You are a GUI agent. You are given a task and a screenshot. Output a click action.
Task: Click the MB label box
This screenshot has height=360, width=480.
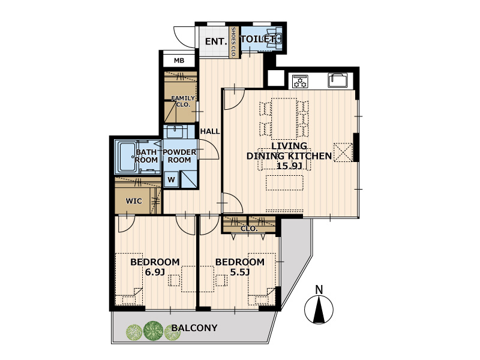pyautogui.click(x=179, y=61)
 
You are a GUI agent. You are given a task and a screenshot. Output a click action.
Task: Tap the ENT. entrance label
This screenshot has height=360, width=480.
pyautogui.click(x=216, y=41)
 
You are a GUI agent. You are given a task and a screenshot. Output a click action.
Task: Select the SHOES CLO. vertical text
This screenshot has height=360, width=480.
pyautogui.click(x=233, y=42)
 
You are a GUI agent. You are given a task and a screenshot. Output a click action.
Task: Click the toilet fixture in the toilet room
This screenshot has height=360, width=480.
pyautogui.click(x=274, y=38)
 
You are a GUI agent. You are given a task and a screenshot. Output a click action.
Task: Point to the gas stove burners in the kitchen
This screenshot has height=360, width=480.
pyautogui.click(x=300, y=82)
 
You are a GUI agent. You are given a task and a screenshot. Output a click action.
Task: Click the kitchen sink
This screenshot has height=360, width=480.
pyautogui.click(x=338, y=80)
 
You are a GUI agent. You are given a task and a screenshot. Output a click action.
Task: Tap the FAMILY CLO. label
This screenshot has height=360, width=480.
pyautogui.click(x=183, y=101)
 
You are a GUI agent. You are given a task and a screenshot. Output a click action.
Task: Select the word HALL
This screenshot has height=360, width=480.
pyautogui.click(x=210, y=131)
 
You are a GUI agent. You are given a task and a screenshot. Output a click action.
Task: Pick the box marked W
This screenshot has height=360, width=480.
pyautogui.click(x=171, y=179)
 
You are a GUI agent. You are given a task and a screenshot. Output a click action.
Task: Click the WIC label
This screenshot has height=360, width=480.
pyautogui.click(x=134, y=201)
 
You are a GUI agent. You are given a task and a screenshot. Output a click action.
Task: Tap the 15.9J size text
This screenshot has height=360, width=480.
pyautogui.click(x=289, y=166)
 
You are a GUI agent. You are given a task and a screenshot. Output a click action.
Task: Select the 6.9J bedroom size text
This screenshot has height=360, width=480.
pyautogui.click(x=155, y=272)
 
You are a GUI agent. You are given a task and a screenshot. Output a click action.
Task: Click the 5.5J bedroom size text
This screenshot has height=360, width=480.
pyautogui.click(x=240, y=272)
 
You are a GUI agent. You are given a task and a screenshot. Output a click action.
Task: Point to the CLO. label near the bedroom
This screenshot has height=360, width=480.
pyautogui.click(x=249, y=229)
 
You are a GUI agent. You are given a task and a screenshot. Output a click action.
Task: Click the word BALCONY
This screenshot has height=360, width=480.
pyautogui.click(x=194, y=328)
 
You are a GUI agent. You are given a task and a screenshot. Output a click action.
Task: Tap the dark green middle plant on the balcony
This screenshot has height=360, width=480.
pyautogui.click(x=153, y=331)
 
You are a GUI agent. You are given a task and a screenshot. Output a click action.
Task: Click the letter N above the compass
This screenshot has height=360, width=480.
pyautogui.click(x=319, y=290)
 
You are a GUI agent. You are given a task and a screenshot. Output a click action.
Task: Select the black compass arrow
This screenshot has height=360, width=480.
pyautogui.click(x=319, y=310)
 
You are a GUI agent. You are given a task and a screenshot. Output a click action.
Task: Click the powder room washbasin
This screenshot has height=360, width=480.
pyautogui.click(x=175, y=131)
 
